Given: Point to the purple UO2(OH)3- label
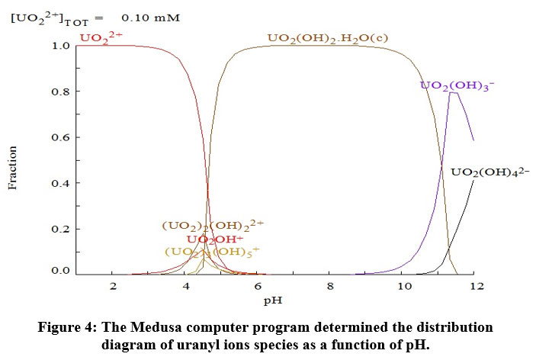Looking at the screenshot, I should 457,85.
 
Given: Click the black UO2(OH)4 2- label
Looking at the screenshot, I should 490,172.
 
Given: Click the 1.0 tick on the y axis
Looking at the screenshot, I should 61,46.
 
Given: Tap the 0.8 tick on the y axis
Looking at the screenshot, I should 61,92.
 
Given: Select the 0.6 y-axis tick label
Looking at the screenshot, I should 61,137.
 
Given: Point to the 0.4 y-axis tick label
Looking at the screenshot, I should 61,183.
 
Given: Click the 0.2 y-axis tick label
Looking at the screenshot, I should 61,229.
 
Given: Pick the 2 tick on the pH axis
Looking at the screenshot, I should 113,286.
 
